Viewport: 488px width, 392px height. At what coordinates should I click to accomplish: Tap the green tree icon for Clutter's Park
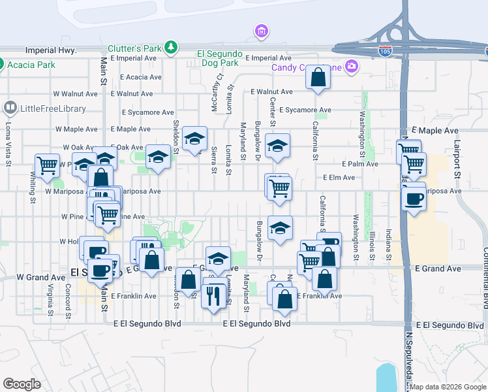[x=171, y=47]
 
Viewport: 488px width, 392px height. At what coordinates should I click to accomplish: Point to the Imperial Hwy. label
[x=51, y=50]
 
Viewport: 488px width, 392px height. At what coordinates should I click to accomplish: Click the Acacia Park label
[x=31, y=65]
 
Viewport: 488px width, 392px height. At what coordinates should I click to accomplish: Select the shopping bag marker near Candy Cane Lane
[x=318, y=78]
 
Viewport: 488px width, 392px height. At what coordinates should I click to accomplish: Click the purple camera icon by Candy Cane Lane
[x=352, y=66]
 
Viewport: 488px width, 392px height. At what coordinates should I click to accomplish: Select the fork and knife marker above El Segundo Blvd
[x=213, y=298]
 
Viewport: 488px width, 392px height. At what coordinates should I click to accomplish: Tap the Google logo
[x=22, y=384]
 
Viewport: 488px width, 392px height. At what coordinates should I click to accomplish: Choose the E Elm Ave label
[x=339, y=178]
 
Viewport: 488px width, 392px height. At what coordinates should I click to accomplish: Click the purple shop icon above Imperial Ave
[x=262, y=31]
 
